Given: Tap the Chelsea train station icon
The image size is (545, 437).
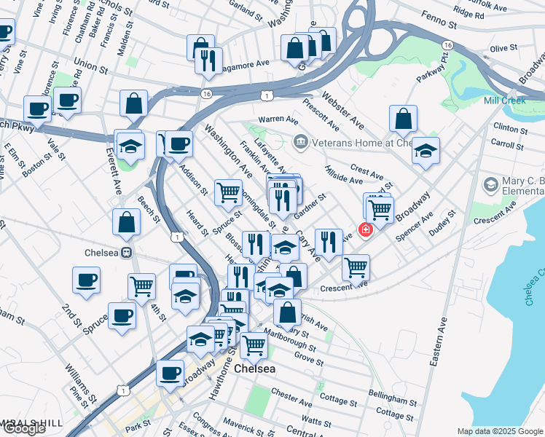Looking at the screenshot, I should pyautogui.click(x=126, y=253).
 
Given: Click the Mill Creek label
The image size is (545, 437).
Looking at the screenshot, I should pyautogui.click(x=504, y=101).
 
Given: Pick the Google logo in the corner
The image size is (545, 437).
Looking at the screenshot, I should pyautogui.click(x=24, y=428).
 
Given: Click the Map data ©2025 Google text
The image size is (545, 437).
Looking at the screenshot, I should pyautogui.click(x=499, y=431).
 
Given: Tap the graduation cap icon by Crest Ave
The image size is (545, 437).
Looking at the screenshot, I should pyautogui.click(x=426, y=151).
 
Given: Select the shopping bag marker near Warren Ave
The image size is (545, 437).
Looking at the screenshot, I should pyautogui.click(x=403, y=119).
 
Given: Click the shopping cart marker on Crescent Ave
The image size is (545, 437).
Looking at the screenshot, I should pyautogui.click(x=356, y=267).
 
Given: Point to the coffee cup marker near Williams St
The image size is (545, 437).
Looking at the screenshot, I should pyautogui.click(x=170, y=373).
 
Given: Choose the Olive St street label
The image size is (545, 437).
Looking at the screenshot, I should pyautogui.click(x=503, y=48).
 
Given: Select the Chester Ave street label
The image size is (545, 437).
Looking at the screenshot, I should pyautogui.click(x=291, y=397).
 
